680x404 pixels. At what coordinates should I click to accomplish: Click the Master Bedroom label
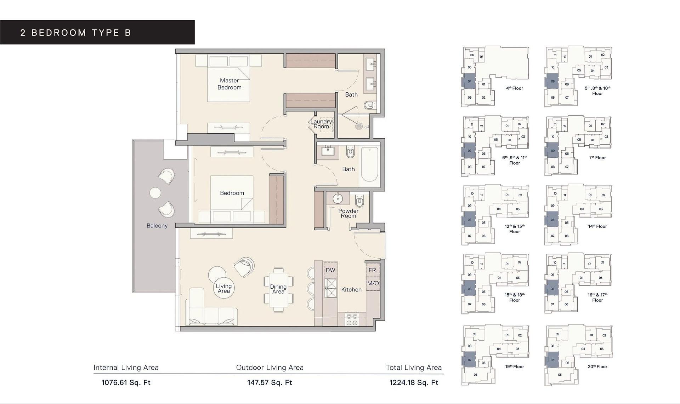tap(229, 84)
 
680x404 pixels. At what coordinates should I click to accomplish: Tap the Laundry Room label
tap(321, 124)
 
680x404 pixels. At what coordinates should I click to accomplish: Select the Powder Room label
tap(348, 213)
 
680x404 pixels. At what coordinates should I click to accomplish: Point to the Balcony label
tap(157, 226)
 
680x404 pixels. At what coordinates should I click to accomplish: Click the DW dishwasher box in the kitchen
tap(330, 270)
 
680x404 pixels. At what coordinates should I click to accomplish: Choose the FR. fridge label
tap(373, 270)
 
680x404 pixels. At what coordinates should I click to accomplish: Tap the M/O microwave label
tap(373, 283)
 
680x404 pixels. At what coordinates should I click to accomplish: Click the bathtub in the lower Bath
tap(369, 165)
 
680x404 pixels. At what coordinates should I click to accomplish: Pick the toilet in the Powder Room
tap(359, 202)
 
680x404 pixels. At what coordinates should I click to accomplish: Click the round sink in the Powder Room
tap(338, 198)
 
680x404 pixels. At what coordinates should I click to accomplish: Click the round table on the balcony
tap(155, 193)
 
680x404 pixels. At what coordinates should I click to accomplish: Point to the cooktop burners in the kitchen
tap(351, 319)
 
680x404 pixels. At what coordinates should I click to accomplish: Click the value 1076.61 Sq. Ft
tap(126, 382)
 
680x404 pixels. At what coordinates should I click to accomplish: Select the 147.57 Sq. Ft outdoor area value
tap(270, 382)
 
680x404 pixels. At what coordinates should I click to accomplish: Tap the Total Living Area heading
tap(414, 368)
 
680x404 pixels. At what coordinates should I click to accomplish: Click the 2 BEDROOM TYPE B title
tap(76, 33)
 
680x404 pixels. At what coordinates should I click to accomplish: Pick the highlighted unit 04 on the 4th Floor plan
tap(469, 81)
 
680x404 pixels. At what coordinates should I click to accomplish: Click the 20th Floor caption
tap(597, 367)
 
